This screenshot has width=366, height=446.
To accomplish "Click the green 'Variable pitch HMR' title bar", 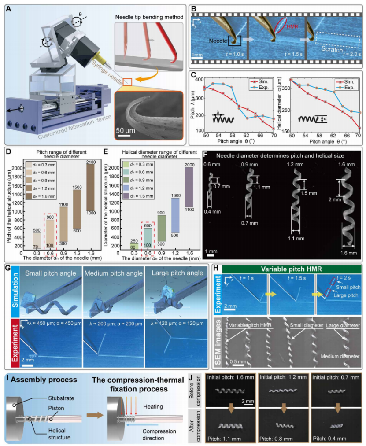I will pos(292,269).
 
